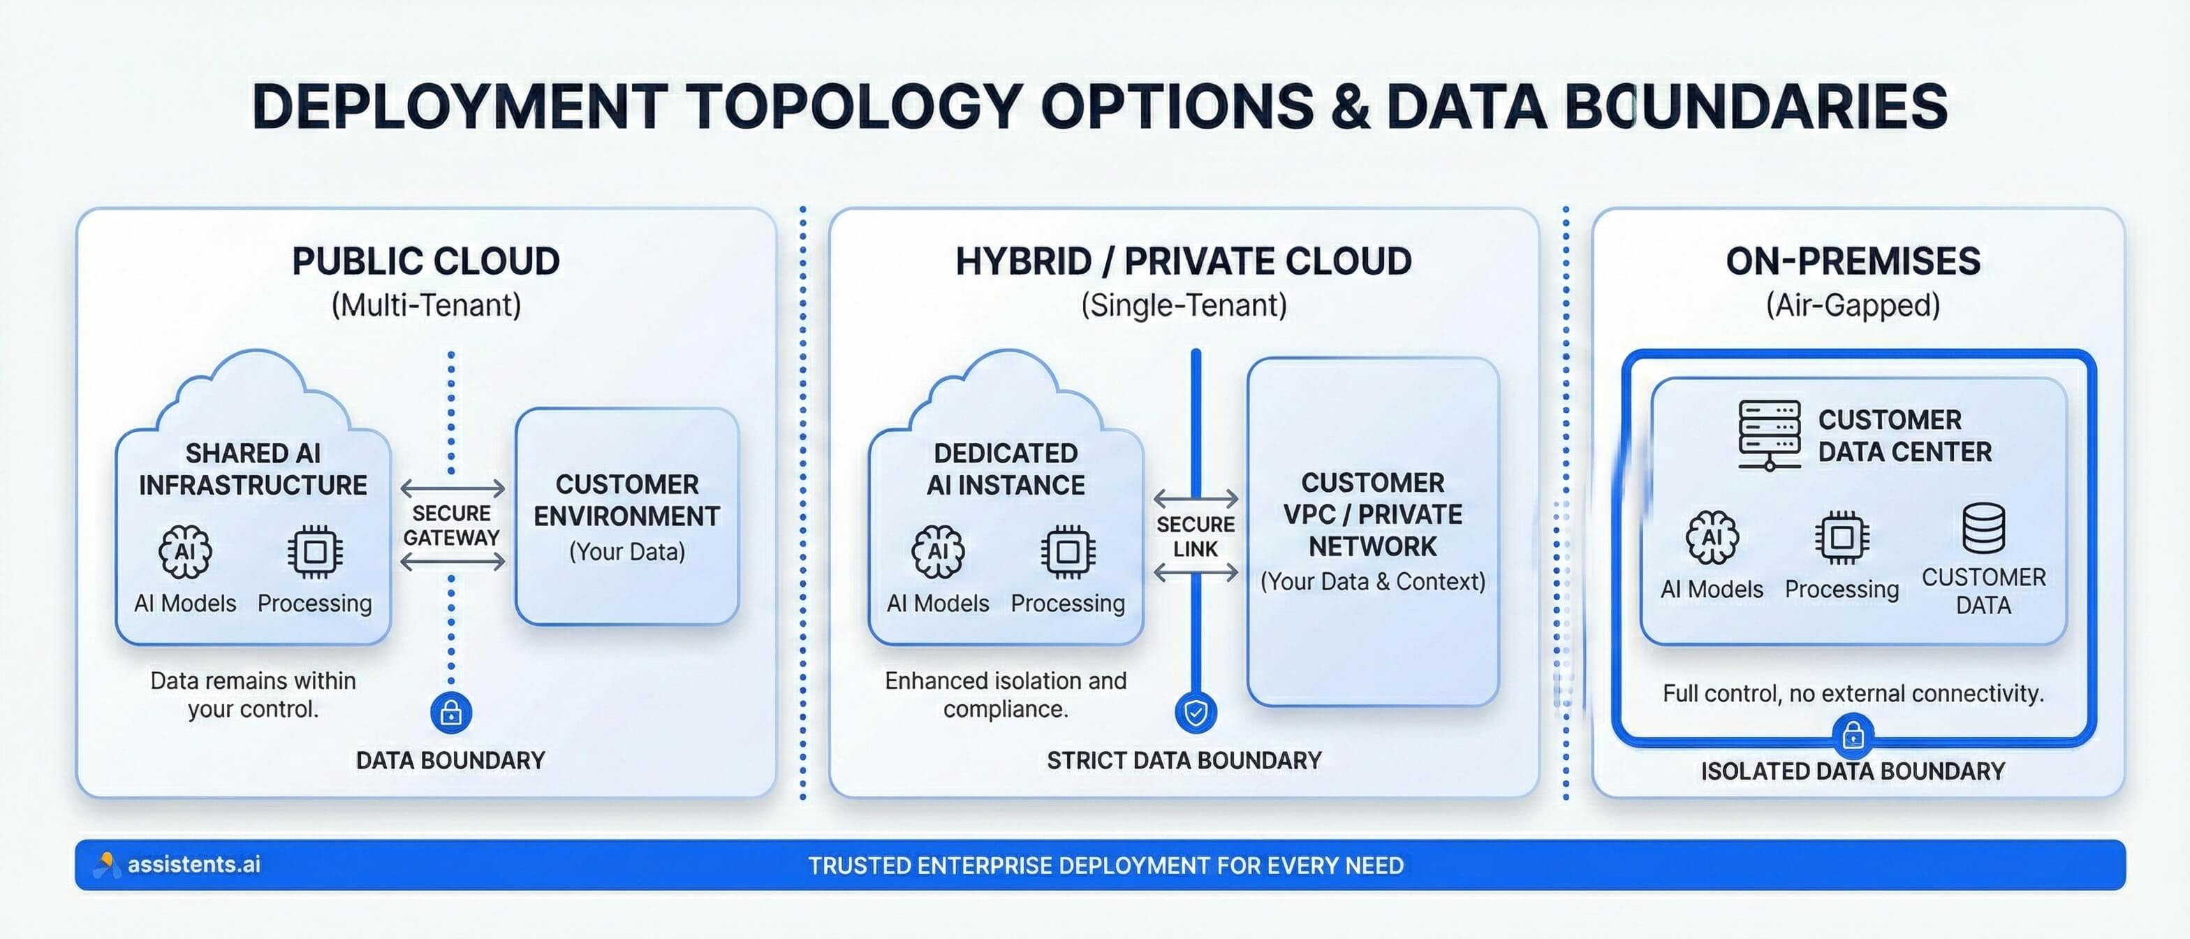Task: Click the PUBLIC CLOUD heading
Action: [426, 261]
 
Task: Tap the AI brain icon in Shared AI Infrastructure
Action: [184, 551]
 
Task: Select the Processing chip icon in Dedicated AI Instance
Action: [1068, 551]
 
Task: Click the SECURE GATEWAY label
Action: [451, 525]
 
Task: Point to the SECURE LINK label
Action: [1196, 536]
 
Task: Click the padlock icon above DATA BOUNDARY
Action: [451, 712]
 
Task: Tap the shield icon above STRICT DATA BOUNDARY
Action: [1196, 712]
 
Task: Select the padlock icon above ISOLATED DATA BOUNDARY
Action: [1853, 736]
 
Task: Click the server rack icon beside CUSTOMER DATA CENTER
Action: [1769, 435]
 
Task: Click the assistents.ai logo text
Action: [194, 864]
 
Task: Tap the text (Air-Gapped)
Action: [1853, 305]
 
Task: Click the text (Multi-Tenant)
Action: [426, 305]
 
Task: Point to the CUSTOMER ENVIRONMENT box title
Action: [626, 500]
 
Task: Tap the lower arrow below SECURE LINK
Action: [1196, 574]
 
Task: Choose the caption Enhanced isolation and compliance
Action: [1005, 694]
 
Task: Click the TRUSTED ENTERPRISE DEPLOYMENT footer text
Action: [1105, 865]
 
